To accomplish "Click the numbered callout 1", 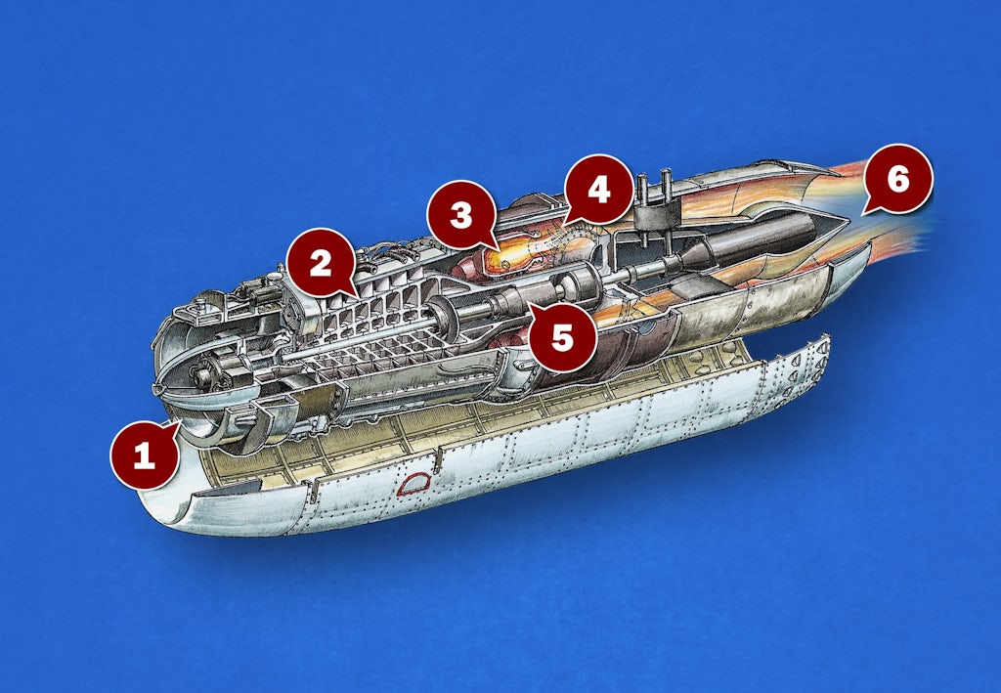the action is point(145,455).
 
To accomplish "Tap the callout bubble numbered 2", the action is point(321,263).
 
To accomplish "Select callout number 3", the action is point(461,214).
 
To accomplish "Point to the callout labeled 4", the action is point(599,189).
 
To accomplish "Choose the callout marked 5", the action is point(562,337).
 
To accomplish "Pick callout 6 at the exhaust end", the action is point(897,179).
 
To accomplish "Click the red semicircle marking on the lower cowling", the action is point(414,484).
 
